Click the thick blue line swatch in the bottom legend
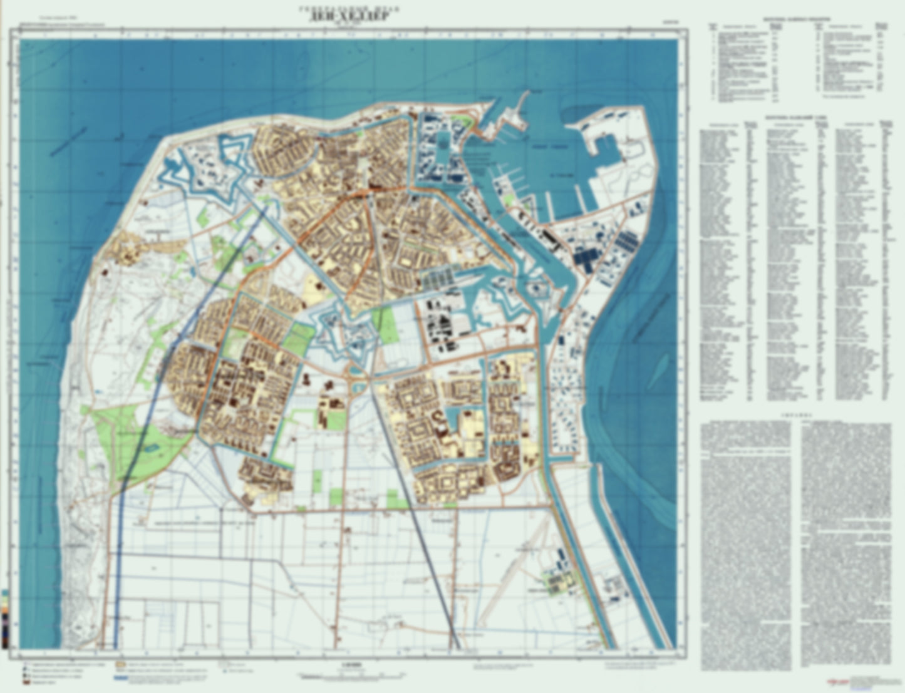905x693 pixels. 122,678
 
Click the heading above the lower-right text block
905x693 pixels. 795,414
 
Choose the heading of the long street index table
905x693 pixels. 795,116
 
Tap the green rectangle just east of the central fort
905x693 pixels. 383,326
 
